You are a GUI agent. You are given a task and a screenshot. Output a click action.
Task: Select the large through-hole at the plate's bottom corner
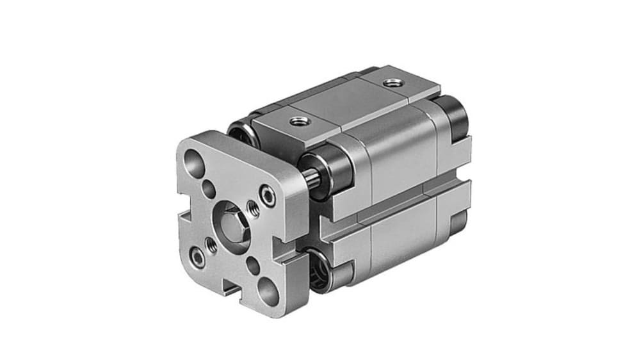268,292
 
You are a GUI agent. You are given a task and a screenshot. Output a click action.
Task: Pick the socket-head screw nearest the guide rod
268,195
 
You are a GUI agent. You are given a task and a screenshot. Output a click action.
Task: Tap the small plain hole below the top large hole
209,188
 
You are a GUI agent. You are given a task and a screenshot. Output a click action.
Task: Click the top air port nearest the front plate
297,120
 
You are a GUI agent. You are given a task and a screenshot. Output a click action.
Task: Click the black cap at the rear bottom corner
458,221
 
